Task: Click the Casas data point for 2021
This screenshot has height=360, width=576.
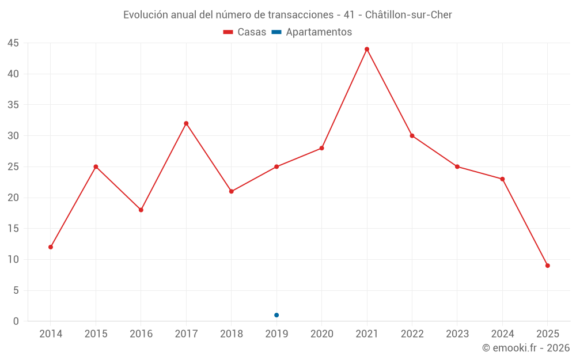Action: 367,49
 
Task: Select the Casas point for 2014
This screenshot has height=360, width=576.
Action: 51,247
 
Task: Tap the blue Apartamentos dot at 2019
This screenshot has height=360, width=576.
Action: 276,315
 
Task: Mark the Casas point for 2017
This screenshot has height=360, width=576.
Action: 186,123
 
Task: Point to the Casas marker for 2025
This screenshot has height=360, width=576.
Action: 548,266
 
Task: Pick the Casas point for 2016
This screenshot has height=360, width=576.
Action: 141,210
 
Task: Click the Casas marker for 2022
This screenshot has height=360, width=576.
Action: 412,136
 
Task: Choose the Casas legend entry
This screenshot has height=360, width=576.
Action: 245,32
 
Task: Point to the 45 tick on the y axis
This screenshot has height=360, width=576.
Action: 13,43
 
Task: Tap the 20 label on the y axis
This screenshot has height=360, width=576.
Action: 13,198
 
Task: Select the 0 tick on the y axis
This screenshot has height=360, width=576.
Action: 16,321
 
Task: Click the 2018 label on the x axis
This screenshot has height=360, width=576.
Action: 231,334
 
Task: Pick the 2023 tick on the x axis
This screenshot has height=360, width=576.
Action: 457,334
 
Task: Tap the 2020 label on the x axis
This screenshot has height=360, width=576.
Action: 321,334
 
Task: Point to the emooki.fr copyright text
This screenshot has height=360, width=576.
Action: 526,348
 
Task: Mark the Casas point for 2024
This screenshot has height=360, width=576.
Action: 502,179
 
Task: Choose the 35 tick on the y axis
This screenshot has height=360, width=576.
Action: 13,105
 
